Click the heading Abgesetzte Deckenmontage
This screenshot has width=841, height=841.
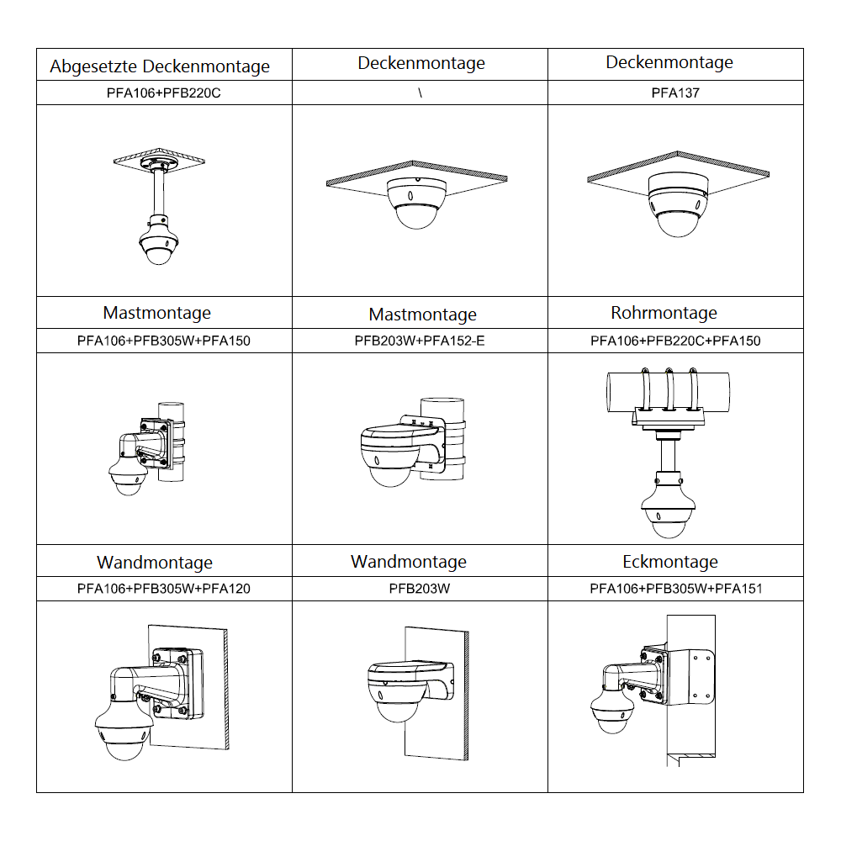[x=160, y=66]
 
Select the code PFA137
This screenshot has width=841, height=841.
[x=674, y=93]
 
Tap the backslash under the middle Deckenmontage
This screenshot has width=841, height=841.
[x=420, y=93]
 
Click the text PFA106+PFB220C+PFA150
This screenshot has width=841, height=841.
[x=675, y=341]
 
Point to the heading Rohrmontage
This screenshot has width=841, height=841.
[x=664, y=313]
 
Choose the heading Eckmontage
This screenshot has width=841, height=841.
[x=670, y=562]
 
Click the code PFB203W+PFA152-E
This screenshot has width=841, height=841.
[x=420, y=341]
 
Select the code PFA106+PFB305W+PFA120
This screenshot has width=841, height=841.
[x=164, y=589]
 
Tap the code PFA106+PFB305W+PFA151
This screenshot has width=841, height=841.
[x=675, y=589]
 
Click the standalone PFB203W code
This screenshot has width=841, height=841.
[x=420, y=589]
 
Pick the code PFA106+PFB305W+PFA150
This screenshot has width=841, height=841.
[x=164, y=341]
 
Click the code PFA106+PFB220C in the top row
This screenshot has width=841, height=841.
[x=164, y=93]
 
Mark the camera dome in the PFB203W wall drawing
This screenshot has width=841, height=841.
[x=394, y=706]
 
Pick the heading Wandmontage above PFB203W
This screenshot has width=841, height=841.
[x=408, y=562]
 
